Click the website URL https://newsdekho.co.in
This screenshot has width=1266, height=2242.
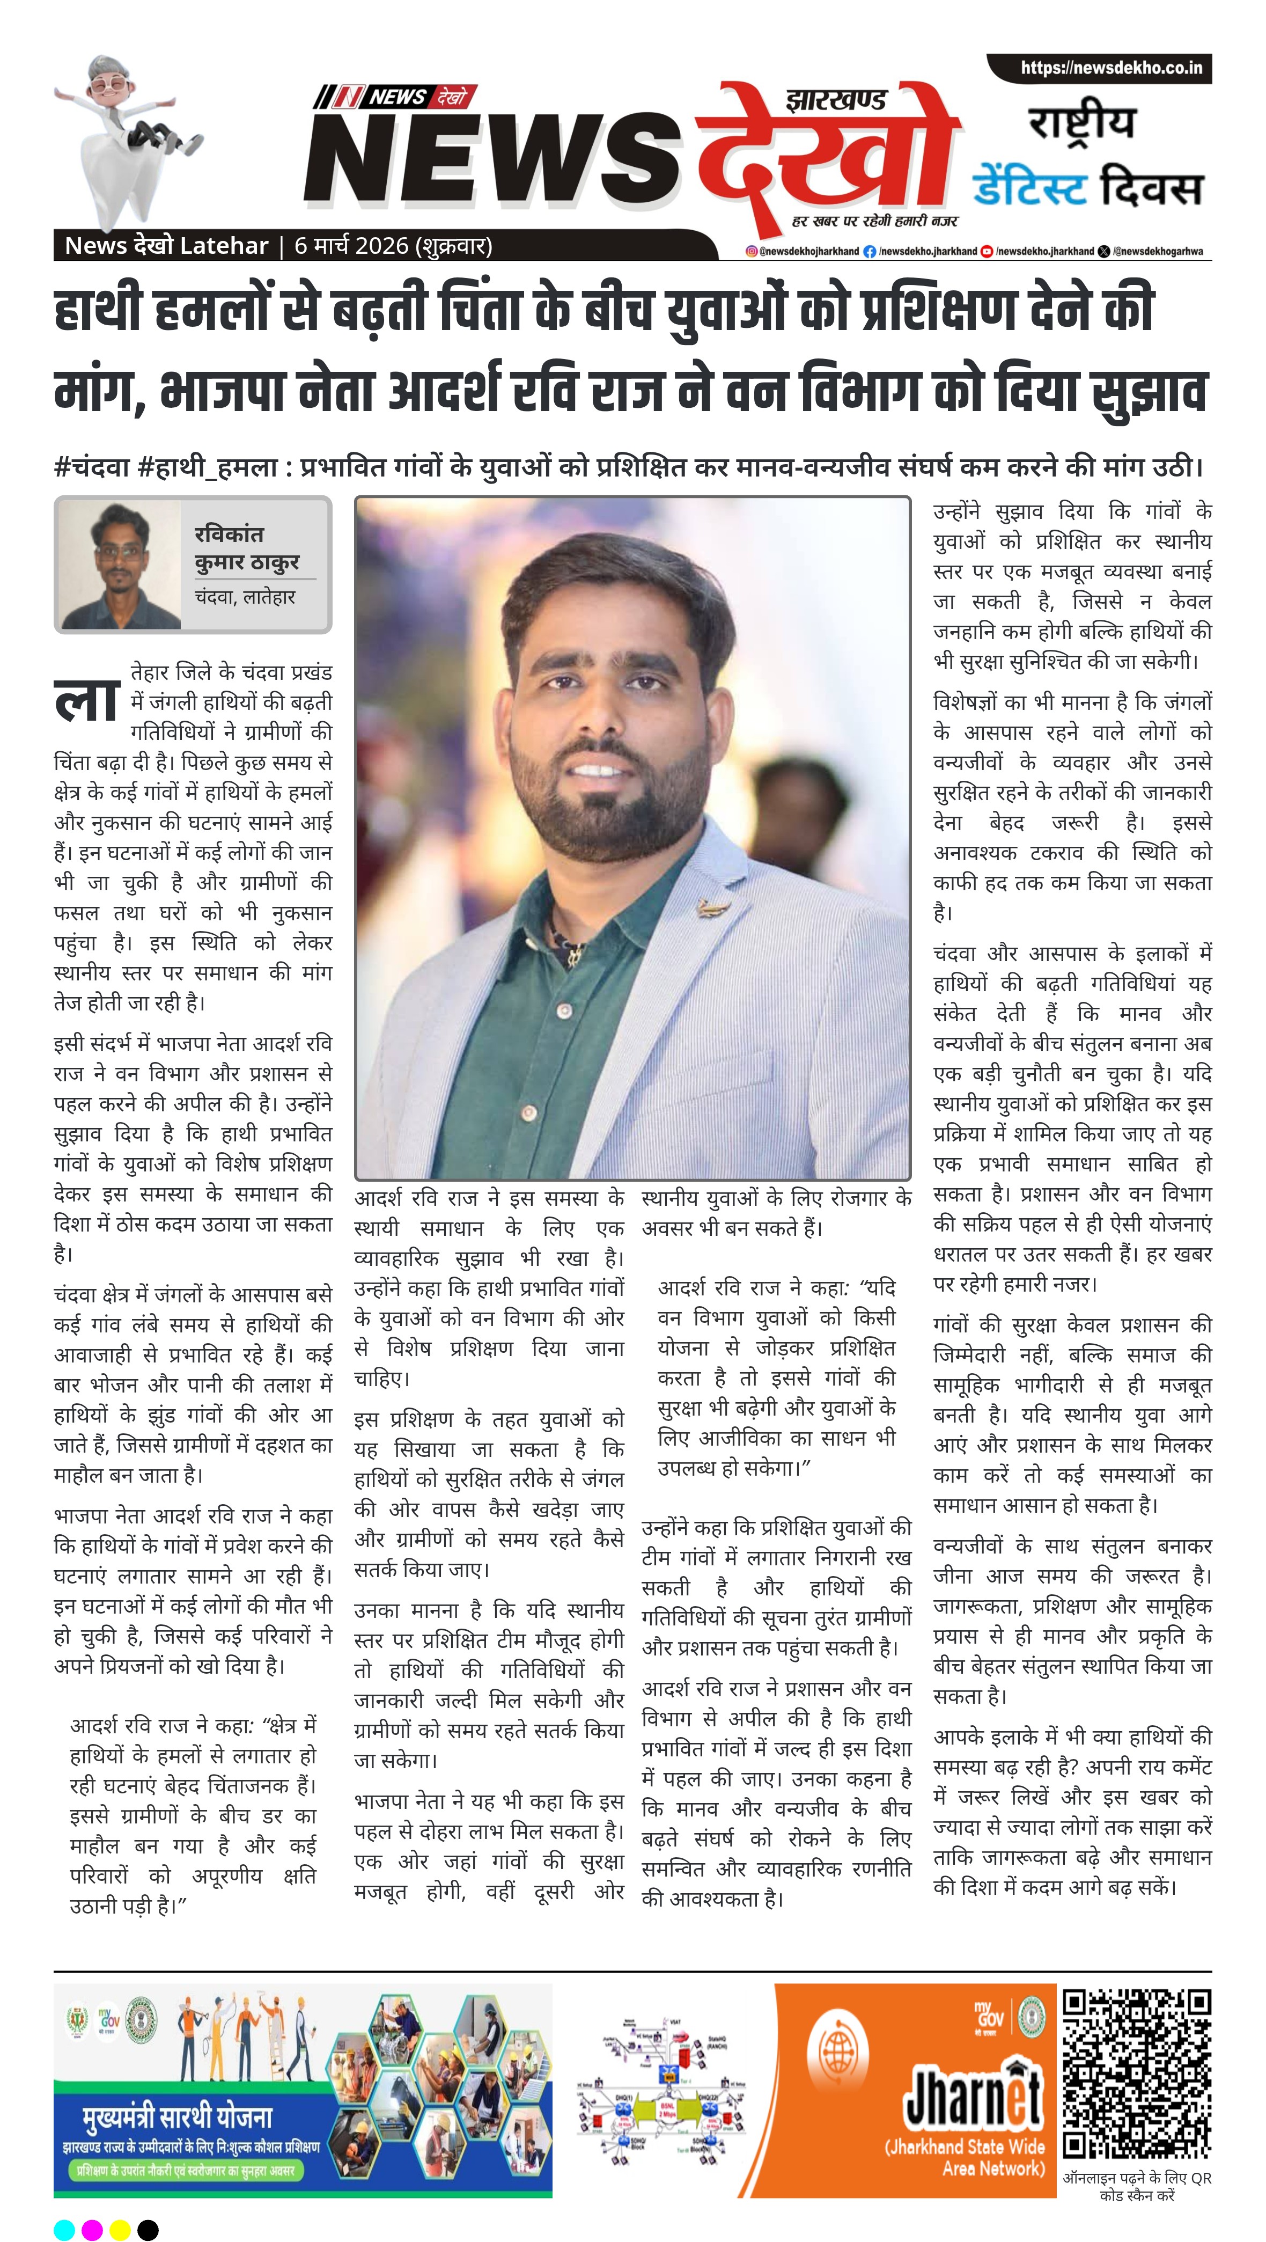click(x=1111, y=68)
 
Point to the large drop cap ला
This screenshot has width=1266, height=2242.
click(x=86, y=701)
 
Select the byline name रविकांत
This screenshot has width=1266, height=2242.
click(x=229, y=534)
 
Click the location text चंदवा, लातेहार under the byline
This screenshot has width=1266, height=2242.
click(x=245, y=597)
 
